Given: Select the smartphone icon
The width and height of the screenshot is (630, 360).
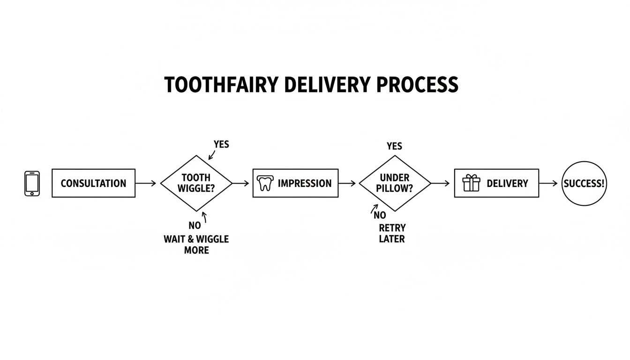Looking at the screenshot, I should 32,183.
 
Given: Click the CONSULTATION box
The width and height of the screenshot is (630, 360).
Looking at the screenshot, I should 93,183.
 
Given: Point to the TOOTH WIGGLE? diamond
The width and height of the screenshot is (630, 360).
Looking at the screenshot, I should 196,183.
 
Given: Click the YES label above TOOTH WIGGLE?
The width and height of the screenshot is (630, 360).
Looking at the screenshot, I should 221,144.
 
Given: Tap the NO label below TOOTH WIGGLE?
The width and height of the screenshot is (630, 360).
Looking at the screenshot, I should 195,225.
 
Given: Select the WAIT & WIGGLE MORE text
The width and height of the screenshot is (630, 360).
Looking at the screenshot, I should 196,244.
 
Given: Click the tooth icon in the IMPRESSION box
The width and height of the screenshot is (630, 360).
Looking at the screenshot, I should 265,183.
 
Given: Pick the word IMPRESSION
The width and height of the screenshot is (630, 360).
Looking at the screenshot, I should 304,183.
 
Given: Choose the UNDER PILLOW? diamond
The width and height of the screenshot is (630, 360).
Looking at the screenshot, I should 394,183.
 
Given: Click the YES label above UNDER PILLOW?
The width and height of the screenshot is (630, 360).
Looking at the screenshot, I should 394,146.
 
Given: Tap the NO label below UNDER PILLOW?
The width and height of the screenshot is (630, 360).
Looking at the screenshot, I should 380,215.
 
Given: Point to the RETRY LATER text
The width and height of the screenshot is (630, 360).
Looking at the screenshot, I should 392,233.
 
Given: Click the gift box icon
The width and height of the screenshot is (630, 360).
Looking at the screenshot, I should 471,183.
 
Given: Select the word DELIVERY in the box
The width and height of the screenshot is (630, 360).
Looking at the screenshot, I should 507,183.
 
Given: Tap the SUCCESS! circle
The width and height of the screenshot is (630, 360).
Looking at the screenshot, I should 584,183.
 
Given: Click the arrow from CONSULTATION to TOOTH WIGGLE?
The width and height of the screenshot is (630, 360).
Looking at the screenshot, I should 146,183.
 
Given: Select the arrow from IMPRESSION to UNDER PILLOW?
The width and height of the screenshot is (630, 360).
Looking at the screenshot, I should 347,183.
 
